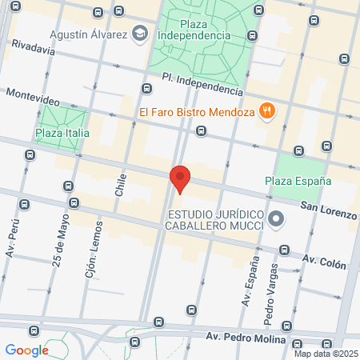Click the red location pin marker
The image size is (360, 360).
pos(180,178)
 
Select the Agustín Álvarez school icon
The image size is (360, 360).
pos(141,34)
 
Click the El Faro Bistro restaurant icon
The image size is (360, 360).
pos(267,113)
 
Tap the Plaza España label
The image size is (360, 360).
pos(298,181)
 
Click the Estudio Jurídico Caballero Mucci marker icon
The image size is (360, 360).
pos(276,218)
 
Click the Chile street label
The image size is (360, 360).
pos(121,186)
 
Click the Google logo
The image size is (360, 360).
pos(26,350)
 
